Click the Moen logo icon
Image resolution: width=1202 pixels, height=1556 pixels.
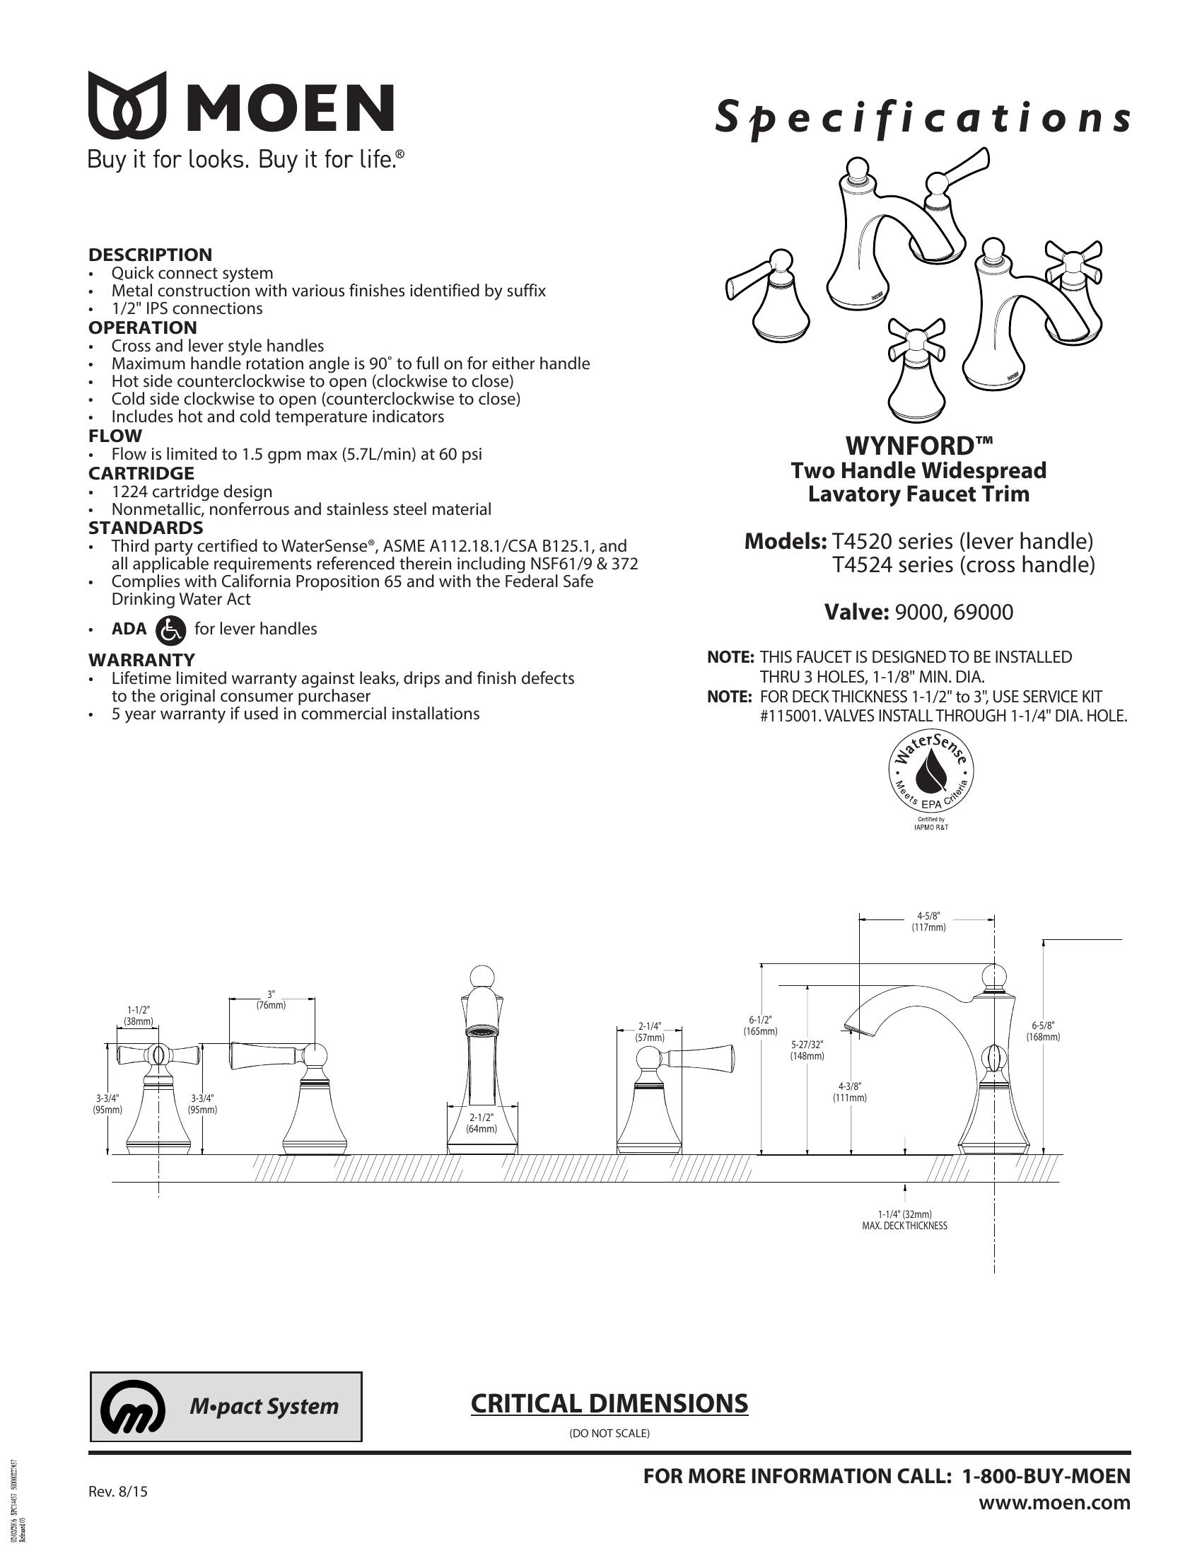127,105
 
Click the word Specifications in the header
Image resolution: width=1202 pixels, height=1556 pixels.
923,118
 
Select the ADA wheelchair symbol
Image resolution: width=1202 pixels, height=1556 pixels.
170,629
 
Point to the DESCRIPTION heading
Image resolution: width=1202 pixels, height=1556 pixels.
150,255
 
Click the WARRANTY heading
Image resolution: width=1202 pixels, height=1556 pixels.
141,659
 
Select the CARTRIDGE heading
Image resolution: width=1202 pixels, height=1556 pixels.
141,473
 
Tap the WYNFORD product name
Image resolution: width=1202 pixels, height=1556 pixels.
918,446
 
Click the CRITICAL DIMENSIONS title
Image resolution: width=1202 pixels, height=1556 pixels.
609,1403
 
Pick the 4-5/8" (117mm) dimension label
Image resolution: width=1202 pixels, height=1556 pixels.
928,921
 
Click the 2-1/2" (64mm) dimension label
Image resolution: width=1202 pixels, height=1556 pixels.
482,1123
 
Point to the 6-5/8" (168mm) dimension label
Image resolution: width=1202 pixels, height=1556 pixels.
1042,1031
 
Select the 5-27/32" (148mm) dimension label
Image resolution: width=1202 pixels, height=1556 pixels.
807,1050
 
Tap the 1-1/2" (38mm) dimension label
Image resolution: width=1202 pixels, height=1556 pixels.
138,1015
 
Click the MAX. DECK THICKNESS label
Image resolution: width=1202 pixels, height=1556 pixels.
904,1226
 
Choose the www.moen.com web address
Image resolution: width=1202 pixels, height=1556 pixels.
1055,1502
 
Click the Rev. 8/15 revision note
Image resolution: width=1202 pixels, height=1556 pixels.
117,1490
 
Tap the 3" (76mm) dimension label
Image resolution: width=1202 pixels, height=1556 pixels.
271,999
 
